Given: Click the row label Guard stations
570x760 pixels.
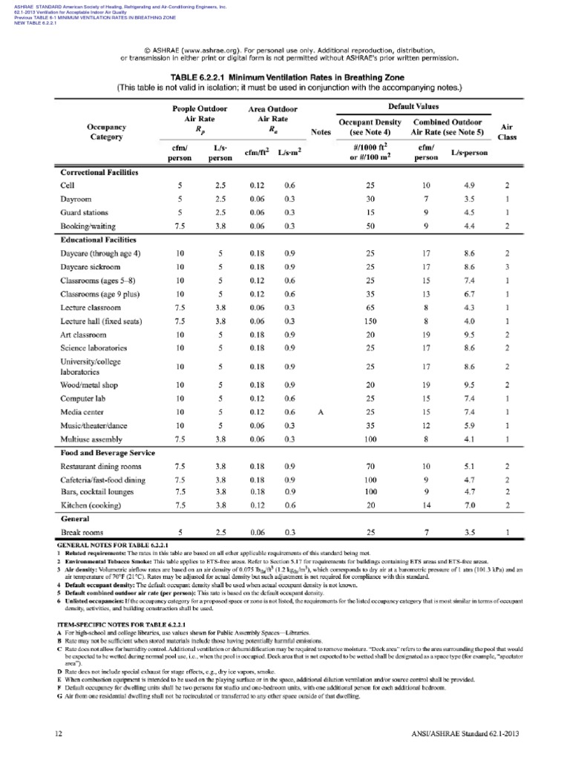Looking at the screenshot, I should (x=86, y=212).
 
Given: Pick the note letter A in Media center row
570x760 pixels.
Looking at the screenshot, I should (x=321, y=413).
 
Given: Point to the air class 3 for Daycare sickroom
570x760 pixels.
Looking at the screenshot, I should (x=507, y=266).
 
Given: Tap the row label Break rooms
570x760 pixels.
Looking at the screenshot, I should (x=81, y=532).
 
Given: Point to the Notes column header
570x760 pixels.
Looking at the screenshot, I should (x=321, y=132).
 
